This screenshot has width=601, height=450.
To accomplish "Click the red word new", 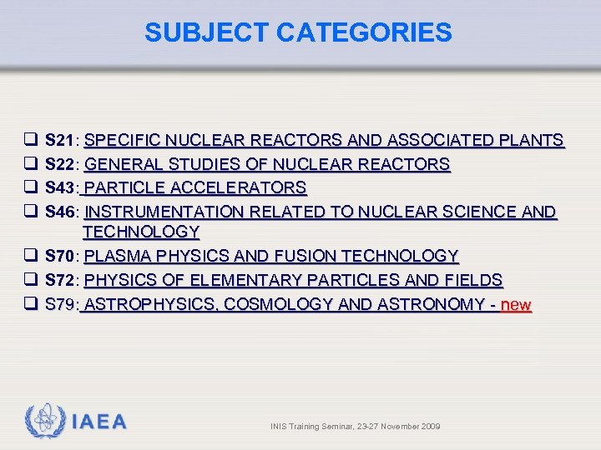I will click(x=516, y=304).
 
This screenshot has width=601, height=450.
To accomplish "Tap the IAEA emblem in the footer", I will click(x=43, y=422).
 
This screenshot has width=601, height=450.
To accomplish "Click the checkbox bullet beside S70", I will click(x=28, y=256).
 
